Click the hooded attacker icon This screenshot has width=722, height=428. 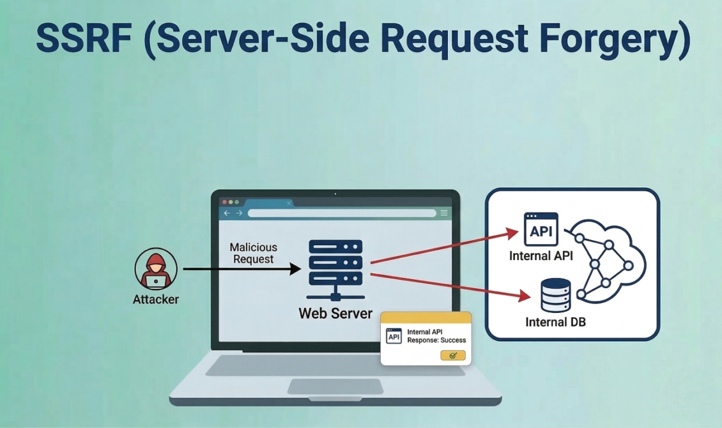coord(156,269)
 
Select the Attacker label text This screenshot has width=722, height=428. coord(156,299)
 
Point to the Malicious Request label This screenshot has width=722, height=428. coord(254,253)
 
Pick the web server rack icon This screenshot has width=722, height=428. coord(335,268)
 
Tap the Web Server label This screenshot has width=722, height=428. coord(335,314)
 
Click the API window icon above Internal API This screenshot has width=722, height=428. coord(541,229)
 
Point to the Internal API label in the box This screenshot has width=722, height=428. coord(541,256)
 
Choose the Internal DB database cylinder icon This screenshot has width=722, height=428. coord(555,295)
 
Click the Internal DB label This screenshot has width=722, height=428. coord(555,322)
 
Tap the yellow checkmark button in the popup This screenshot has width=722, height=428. coord(453,355)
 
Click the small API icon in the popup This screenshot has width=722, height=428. coord(394,336)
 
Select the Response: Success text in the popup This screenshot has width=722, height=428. coord(436,340)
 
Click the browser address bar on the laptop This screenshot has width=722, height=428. coord(342,213)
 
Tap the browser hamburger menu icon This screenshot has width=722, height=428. coord(444,213)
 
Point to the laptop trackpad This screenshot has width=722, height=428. coord(335,386)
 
